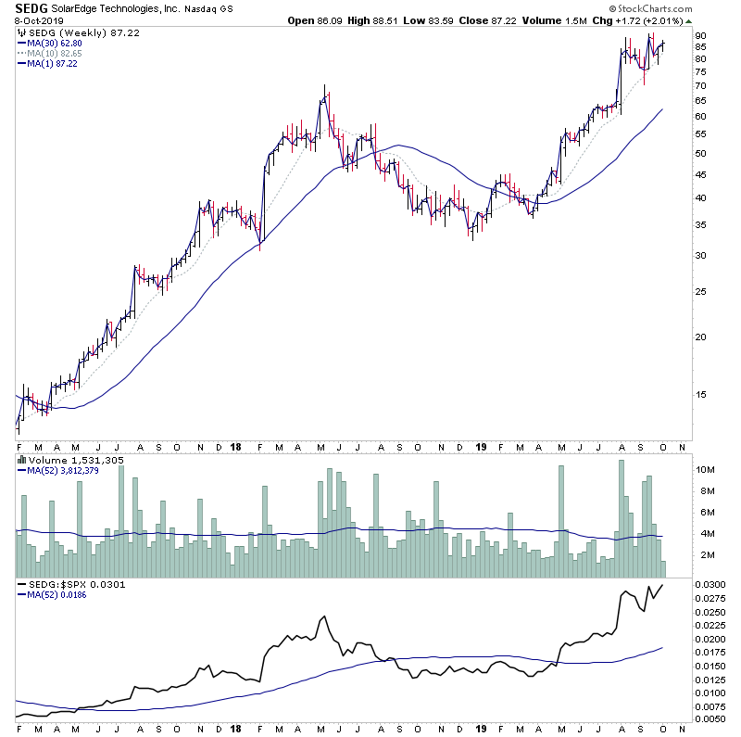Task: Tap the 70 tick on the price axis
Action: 701,85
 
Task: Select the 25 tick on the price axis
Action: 701,292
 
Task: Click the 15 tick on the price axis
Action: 701,394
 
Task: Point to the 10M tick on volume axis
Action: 706,469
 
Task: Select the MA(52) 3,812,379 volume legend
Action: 62,470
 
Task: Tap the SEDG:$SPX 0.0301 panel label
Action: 63,585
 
